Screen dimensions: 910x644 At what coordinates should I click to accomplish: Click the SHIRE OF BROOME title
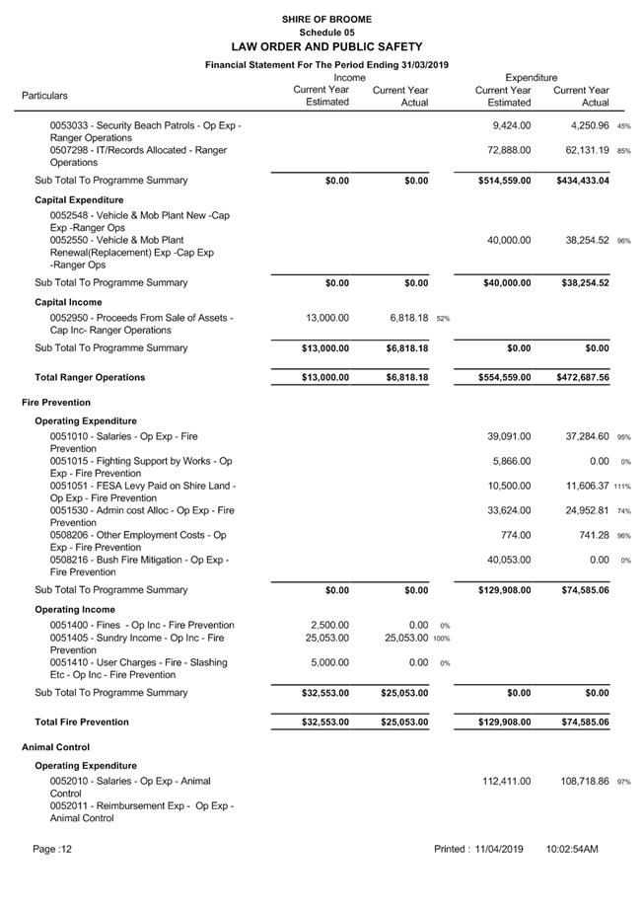coord(326,19)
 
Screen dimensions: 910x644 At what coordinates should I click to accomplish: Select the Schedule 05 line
coord(326,33)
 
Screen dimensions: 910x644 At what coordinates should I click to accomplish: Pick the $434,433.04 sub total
coord(583,181)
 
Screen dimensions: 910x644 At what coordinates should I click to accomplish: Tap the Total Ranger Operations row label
coord(90,377)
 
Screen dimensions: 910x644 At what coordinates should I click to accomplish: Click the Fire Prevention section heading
coord(56,403)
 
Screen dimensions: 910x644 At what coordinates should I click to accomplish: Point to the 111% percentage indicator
coord(622,487)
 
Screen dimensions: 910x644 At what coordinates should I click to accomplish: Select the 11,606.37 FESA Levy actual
coord(581,486)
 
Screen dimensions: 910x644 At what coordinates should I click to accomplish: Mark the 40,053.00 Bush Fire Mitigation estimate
coord(509,560)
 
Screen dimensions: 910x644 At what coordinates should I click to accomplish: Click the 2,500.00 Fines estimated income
coord(328,625)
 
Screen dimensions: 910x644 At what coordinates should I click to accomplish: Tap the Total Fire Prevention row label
coord(82,721)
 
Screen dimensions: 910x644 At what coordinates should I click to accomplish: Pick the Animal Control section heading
coord(55,747)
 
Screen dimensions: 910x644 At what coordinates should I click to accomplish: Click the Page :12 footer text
coord(52,849)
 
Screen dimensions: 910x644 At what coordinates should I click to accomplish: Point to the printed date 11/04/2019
coord(497,849)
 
